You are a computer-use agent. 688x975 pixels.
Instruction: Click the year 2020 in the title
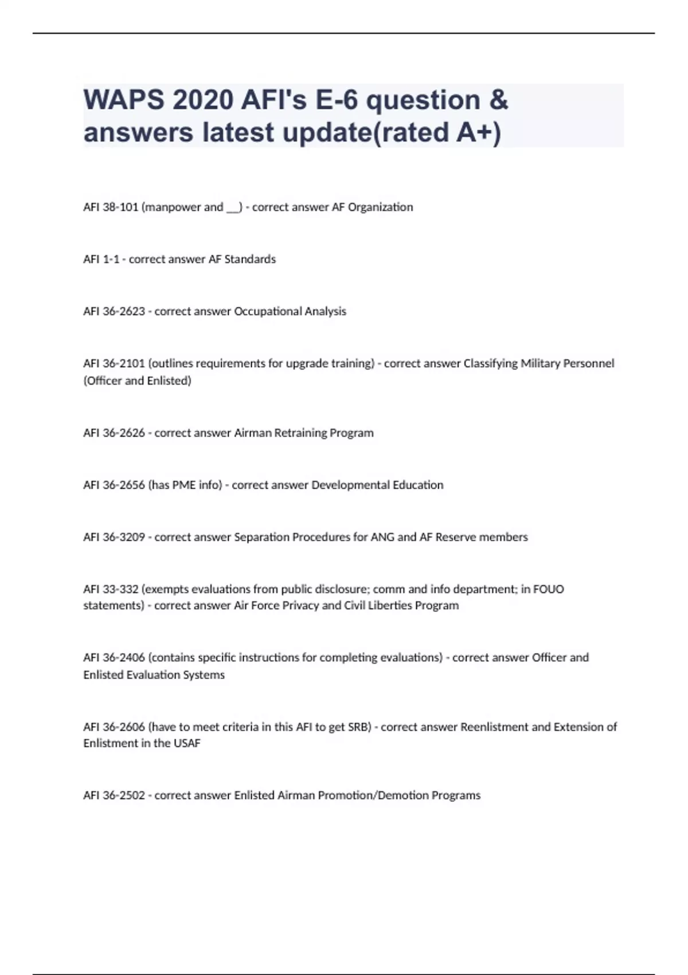pos(203,100)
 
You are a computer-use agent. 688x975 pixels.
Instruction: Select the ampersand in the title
pos(499,100)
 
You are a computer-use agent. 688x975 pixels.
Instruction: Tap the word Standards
pos(250,259)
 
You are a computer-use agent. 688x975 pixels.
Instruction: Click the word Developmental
pos(350,485)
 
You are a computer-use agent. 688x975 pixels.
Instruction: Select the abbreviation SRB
pos(358,727)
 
